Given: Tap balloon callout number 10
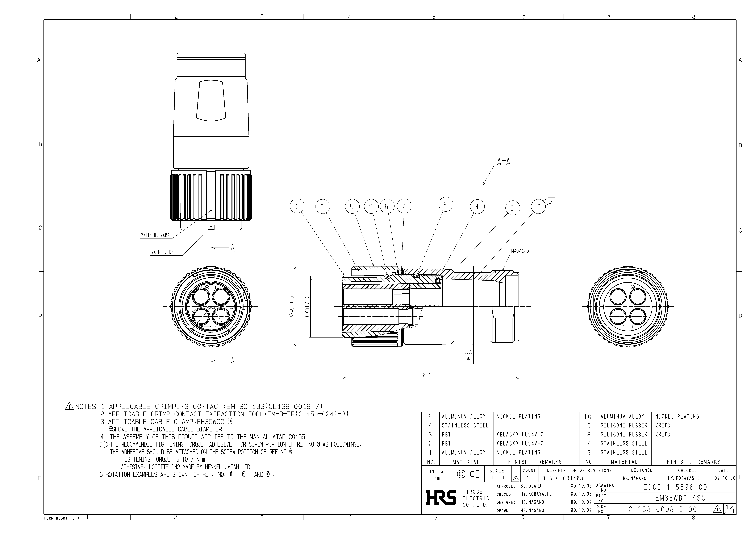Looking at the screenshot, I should pos(538,207).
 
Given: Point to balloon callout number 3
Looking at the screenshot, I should pos(512,208).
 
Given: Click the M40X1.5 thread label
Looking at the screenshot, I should pos(520,251).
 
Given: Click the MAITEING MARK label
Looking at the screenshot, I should pos(155,235).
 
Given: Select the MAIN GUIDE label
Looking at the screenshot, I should pos(162,252).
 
